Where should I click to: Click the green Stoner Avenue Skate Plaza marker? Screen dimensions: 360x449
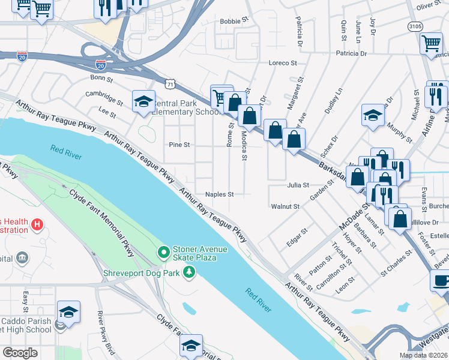163,251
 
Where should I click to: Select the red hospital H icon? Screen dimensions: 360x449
37,225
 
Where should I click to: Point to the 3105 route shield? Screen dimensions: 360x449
414,26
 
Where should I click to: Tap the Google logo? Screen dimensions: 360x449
20,353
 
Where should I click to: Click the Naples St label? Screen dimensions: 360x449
219,194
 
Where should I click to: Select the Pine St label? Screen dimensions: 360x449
179,145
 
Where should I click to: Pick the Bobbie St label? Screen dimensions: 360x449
234,21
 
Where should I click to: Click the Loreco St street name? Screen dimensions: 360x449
283,62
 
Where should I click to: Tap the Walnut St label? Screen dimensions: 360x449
285,206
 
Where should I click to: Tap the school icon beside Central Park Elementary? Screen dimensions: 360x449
144,103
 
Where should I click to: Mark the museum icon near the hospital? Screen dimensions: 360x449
22,258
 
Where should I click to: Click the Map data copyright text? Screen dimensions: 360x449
424,355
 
